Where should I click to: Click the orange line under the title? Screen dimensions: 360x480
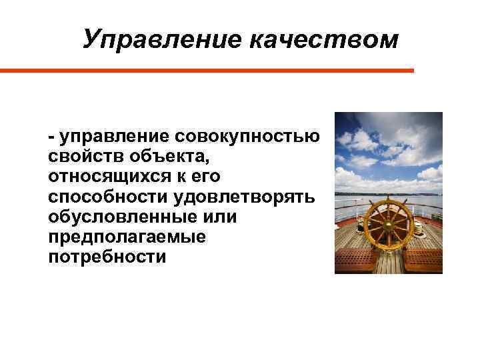tap(207, 70)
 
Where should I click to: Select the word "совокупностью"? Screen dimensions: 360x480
tap(247, 137)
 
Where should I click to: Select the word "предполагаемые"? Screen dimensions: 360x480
tap(127, 237)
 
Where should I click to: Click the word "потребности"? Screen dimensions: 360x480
tap(107, 257)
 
